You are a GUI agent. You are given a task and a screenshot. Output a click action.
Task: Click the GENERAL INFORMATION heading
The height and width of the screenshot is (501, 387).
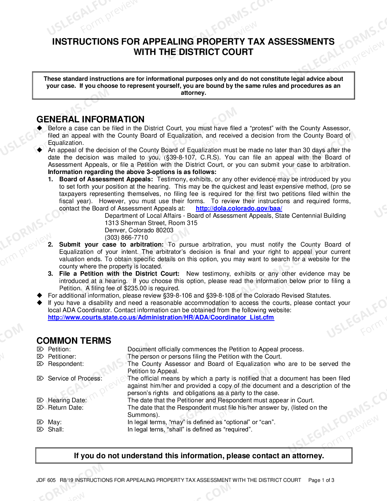tap(90, 119)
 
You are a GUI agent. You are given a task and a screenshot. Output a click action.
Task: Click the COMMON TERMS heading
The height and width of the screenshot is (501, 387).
tap(74, 340)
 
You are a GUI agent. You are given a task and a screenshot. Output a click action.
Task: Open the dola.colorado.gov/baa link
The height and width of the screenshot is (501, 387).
tap(239, 208)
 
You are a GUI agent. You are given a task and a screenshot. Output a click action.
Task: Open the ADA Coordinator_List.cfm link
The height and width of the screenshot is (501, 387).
tap(161, 317)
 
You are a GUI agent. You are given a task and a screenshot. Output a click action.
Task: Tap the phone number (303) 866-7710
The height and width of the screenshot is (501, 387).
tap(126, 237)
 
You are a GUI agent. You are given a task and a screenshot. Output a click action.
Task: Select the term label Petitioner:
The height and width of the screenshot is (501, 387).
tap(62, 356)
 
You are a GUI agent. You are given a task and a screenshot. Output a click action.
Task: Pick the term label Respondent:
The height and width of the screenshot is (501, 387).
tap(66, 364)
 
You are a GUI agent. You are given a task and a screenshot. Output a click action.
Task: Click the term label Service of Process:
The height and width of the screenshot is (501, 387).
tap(75, 378)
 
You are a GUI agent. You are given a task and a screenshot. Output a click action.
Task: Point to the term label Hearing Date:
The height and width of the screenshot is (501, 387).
tap(67, 400)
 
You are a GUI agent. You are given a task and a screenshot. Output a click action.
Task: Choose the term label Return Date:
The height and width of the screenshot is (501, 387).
tap(66, 407)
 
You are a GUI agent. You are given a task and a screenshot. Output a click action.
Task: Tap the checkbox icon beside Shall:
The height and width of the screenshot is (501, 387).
tap(40, 429)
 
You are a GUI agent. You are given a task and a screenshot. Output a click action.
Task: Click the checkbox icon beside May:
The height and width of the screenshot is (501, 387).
tap(40, 422)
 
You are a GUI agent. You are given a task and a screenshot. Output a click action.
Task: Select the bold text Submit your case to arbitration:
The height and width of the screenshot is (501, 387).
tap(111, 244)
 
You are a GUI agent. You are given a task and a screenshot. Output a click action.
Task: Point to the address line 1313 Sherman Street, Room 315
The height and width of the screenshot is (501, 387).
tap(151, 223)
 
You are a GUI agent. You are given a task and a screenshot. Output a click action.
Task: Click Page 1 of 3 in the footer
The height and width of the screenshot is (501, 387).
tap(321, 480)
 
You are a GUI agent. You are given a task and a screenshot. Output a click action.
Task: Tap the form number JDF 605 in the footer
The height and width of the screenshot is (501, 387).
tap(46, 480)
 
